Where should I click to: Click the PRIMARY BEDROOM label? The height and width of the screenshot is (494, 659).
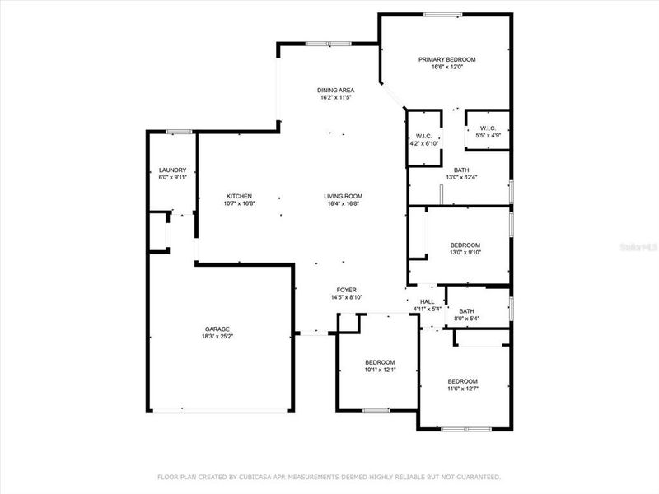pyautogui.click(x=446, y=59)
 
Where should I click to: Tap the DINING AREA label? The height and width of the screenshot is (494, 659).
pyautogui.click(x=335, y=90)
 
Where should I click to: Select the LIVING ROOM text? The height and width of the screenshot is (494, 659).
pyautogui.click(x=342, y=196)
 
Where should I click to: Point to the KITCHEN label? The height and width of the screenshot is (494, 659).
pyautogui.click(x=239, y=196)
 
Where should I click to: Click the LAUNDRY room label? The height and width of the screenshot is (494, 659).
pyautogui.click(x=173, y=170)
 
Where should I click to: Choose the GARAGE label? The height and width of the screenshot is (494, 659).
pyautogui.click(x=217, y=329)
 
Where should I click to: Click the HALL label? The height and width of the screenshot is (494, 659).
pyautogui.click(x=427, y=302)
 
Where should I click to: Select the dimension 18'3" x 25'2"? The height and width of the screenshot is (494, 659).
pyautogui.click(x=217, y=337)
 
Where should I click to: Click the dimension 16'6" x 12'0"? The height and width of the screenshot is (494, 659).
pyautogui.click(x=446, y=68)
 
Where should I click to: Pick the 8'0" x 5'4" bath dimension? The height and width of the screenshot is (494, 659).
pyautogui.click(x=466, y=319)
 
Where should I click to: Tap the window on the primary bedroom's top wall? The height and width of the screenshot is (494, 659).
pyautogui.click(x=442, y=14)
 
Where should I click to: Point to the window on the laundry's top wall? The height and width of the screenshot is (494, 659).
pyautogui.click(x=173, y=132)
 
